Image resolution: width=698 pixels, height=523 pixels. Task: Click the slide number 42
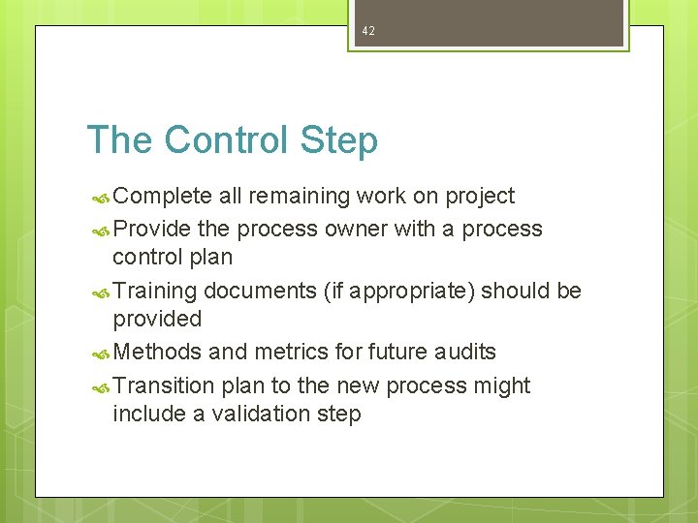click(x=367, y=31)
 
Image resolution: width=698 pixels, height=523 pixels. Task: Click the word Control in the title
click(x=227, y=140)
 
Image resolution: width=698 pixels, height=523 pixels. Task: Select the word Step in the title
click(x=338, y=140)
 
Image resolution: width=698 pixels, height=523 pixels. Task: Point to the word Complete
click(x=162, y=197)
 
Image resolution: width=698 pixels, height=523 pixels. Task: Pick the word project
click(x=480, y=197)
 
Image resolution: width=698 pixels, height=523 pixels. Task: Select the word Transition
click(x=163, y=385)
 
